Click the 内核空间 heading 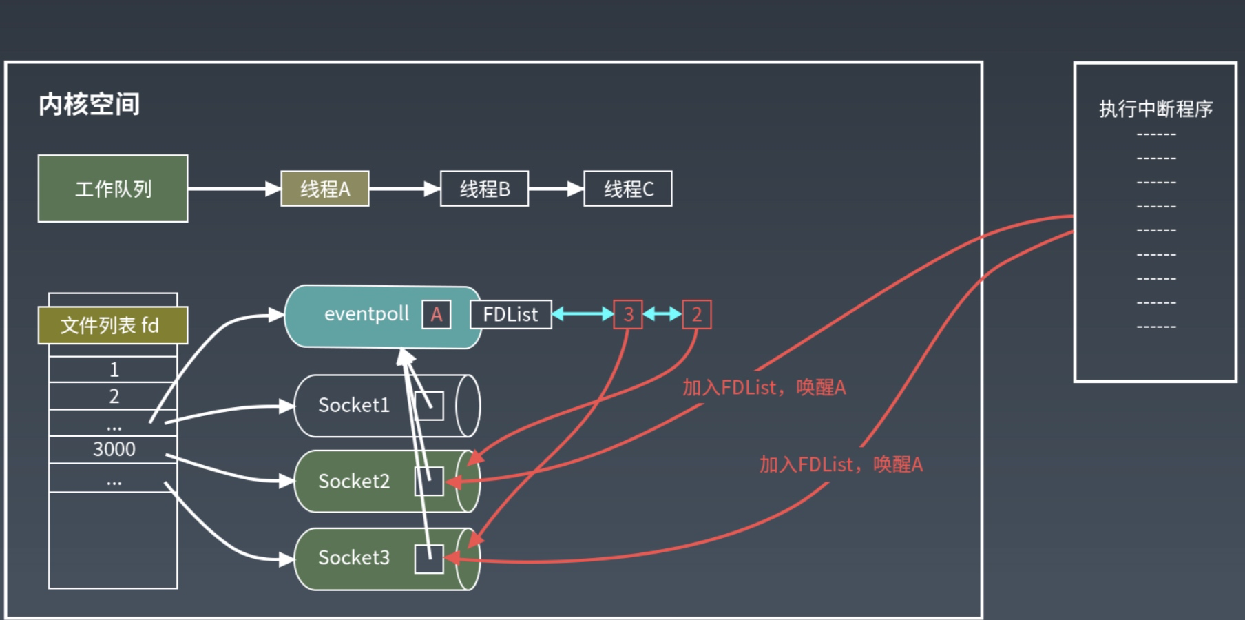tap(90, 105)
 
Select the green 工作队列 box tap(113, 189)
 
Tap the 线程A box tap(325, 189)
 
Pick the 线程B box tap(484, 189)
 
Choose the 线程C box tap(628, 189)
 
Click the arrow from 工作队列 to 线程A tap(234, 189)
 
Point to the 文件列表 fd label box tap(113, 325)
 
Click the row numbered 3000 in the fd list tap(114, 449)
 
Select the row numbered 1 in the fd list tap(114, 369)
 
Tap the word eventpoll tap(366, 314)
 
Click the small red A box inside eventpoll tap(437, 315)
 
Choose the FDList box tap(510, 315)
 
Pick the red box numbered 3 tap(628, 315)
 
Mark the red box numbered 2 tap(697, 315)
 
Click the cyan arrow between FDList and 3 tap(583, 315)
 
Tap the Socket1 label tap(354, 405)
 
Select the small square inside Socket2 tap(429, 482)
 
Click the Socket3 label tap(354, 557)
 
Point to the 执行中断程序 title tap(1155, 109)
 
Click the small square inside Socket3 tap(429, 559)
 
